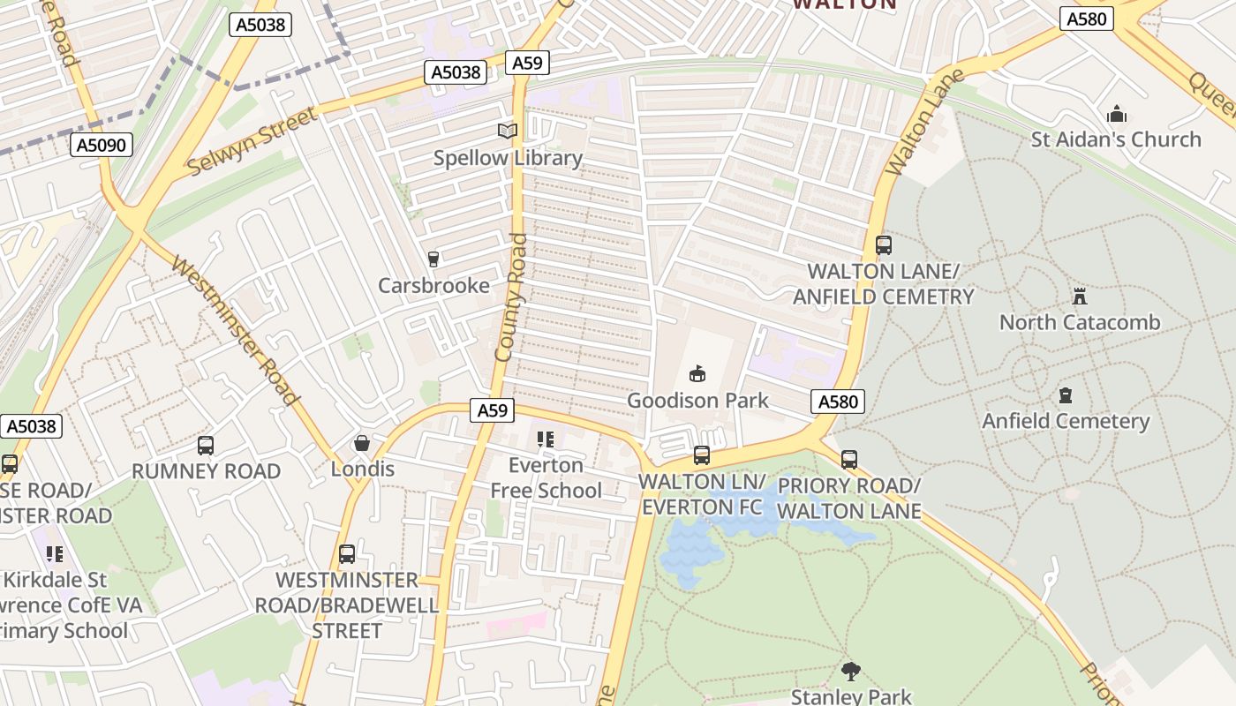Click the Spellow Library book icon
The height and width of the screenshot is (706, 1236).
tap(507, 131)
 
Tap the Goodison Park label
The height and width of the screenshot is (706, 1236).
tap(697, 401)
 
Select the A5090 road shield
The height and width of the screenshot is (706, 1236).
tap(102, 145)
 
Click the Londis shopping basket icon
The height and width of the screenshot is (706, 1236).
tap(361, 443)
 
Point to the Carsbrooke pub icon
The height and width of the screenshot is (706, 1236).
tap(433, 259)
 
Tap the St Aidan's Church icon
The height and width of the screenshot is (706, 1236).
tap(1117, 115)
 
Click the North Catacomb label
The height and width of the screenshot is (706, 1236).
tap(1079, 322)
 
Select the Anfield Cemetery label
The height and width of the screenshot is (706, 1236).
tap(1066, 421)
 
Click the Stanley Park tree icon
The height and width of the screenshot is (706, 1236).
tap(850, 672)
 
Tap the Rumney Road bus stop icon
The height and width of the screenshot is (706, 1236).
tap(206, 446)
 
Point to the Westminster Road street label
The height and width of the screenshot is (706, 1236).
tap(235, 330)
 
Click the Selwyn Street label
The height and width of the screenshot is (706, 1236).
tap(252, 140)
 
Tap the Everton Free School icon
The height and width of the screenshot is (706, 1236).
tap(545, 439)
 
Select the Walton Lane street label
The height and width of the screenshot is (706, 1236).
tap(913, 132)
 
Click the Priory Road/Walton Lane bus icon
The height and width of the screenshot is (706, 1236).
tap(848, 459)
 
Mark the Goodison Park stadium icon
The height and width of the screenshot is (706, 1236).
tap(697, 374)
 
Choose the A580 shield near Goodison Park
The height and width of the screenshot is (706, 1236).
tap(837, 402)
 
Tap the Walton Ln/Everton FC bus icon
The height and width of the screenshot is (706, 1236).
tap(701, 455)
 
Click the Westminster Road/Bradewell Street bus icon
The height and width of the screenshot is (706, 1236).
tap(347, 554)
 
